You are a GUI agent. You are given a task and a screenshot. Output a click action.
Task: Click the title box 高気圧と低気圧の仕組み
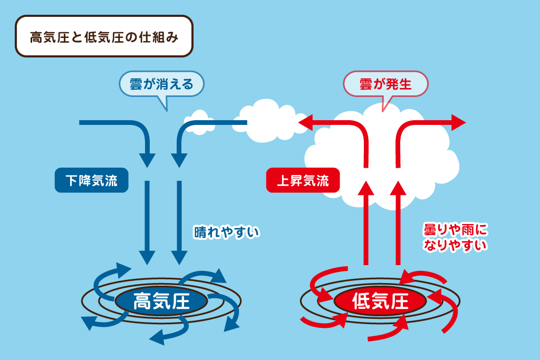click(x=104, y=36)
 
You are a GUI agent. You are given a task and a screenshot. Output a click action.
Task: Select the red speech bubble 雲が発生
click(x=385, y=84)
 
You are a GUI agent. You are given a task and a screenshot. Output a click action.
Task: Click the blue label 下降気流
click(x=92, y=180)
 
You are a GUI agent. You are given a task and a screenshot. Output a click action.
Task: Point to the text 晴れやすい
click(x=227, y=232)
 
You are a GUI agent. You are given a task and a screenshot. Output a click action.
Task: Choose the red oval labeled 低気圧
click(x=380, y=301)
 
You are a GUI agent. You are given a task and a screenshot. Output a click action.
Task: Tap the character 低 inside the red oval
click(x=361, y=301)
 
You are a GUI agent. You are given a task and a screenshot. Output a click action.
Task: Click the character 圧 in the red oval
click(x=399, y=301)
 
